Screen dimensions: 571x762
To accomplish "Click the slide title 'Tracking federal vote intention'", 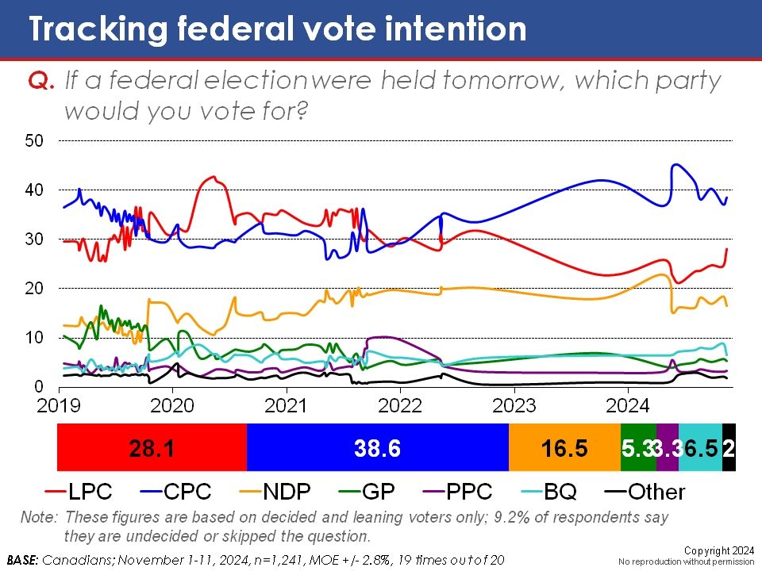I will [277, 29].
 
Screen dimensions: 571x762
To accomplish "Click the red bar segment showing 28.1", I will [152, 448].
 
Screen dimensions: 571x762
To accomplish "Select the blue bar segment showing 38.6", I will [377, 448].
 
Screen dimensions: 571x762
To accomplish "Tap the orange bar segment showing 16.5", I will [564, 448].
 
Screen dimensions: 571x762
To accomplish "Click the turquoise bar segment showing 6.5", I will [700, 448].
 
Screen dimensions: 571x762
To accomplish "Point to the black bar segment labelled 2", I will [729, 448].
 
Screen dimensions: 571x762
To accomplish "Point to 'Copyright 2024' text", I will [722, 550].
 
